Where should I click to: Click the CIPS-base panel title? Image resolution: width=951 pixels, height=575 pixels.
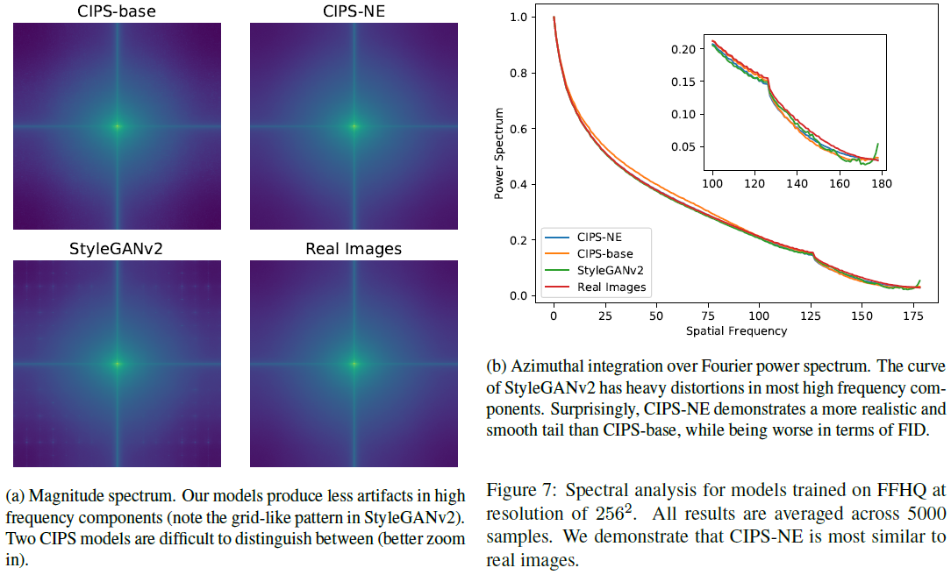(117, 11)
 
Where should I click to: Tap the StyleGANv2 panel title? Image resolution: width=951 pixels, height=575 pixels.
(117, 248)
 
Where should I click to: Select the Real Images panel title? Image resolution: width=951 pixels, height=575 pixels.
(354, 248)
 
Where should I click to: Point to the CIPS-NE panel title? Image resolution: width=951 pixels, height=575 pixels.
(354, 11)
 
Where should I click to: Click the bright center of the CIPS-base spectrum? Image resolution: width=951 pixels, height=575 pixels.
(117, 126)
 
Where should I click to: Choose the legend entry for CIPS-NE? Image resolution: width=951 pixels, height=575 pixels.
(601, 236)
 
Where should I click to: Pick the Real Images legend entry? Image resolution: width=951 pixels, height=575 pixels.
(611, 287)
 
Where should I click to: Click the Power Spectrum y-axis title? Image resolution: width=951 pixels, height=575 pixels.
(499, 153)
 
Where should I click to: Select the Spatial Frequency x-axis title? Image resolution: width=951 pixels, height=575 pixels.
(736, 330)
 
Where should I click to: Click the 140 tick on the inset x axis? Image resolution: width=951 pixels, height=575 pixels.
(797, 185)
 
